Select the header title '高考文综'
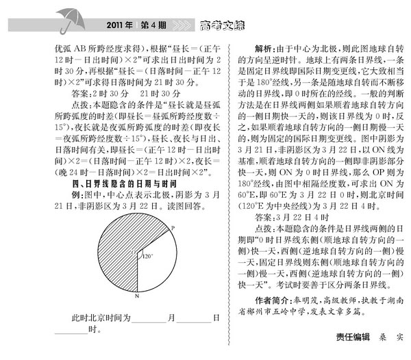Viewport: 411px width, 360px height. point(222,26)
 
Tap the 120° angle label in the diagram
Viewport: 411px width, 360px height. point(147,257)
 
